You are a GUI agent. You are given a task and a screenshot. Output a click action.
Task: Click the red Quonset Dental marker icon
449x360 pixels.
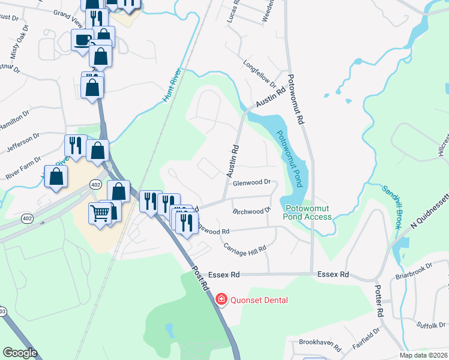(x=221, y=299)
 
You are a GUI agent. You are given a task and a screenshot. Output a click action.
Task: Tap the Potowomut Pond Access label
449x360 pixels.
(x=309, y=212)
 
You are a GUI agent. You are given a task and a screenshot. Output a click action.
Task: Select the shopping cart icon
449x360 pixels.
(x=100, y=212)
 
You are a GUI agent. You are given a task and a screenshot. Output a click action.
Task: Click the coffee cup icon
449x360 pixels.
(x=82, y=41)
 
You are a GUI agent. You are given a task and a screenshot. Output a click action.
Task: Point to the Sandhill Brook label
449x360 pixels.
(x=391, y=206)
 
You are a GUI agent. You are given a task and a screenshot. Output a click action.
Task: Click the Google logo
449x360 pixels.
(x=20, y=353)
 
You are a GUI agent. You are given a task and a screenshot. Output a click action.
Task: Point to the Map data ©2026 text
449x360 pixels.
(x=423, y=355)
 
